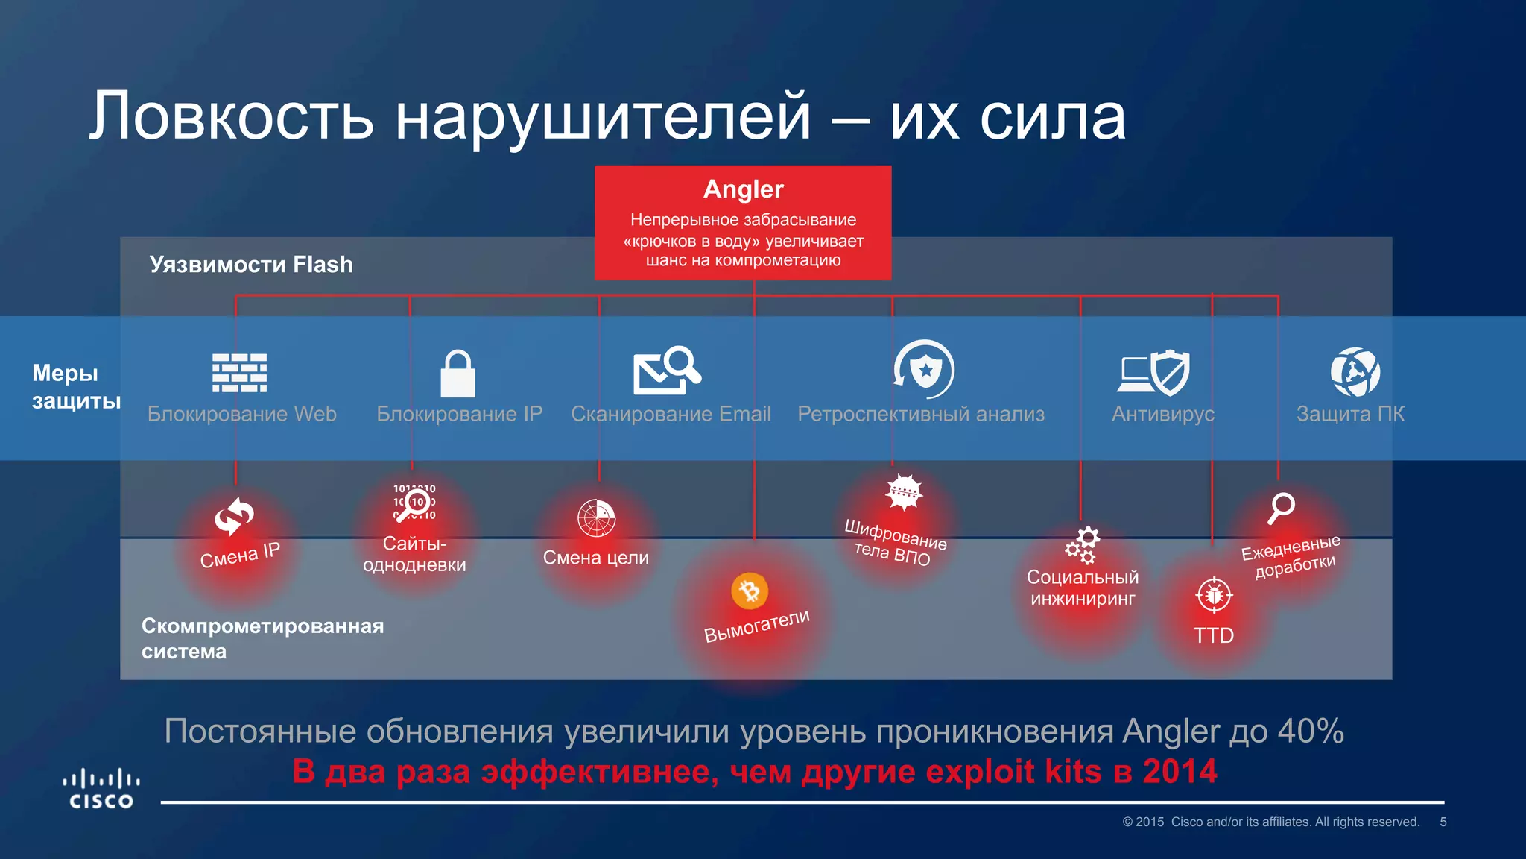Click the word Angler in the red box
743,189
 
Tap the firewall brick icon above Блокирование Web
239,373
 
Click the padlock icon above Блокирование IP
458,374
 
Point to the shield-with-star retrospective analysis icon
924,369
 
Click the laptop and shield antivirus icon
1153,372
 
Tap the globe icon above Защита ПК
1355,372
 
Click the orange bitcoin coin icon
750,591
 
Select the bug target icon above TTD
1214,595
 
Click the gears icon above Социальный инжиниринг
1082,545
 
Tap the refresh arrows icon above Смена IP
234,517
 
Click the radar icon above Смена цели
596,518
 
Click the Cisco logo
101,789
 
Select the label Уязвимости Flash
251,265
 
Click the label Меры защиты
75,386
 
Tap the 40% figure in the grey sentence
1311,731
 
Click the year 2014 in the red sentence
1180,771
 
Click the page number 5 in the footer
1443,822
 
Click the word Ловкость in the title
231,117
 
